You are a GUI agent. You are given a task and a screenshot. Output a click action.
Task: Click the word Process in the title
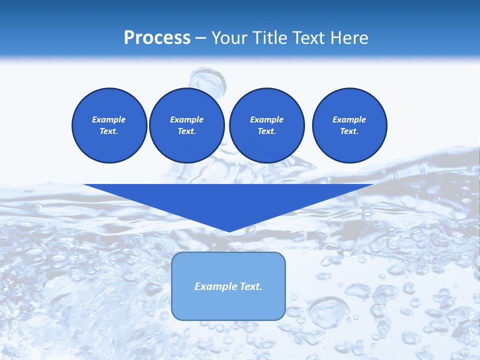coord(157,38)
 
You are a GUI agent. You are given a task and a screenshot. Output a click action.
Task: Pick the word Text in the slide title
coord(309,38)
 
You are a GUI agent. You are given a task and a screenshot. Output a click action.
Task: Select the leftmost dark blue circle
coord(109,125)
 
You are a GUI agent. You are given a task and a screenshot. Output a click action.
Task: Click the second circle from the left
coord(186,125)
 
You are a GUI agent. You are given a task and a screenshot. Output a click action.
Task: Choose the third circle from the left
coord(266,125)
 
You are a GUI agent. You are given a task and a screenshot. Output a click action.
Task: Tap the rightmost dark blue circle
coord(349,125)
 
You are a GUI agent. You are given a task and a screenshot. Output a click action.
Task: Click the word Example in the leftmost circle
coord(109,119)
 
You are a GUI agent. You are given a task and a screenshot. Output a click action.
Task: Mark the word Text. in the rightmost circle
coord(349,131)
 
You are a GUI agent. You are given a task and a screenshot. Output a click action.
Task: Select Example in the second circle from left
coord(186,119)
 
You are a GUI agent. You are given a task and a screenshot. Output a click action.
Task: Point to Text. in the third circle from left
coord(266,131)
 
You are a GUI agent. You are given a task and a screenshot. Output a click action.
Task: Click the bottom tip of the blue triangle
coord(229,231)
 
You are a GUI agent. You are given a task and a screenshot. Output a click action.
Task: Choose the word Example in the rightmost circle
coord(349,119)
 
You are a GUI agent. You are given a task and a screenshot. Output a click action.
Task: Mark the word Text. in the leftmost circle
coord(109,131)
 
